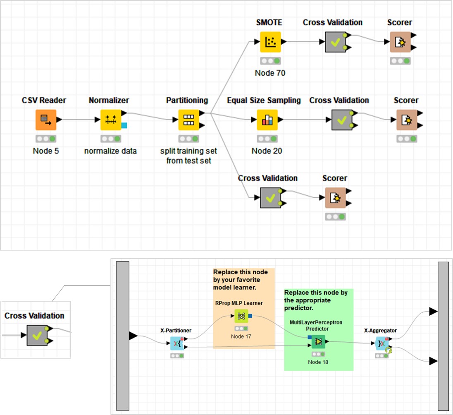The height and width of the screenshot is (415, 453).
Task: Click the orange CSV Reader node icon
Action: pyautogui.click(x=45, y=120)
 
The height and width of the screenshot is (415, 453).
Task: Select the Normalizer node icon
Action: pyautogui.click(x=111, y=120)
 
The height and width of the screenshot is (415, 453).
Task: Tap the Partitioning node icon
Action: pyautogui.click(x=188, y=120)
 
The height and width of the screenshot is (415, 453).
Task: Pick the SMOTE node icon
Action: pyautogui.click(x=270, y=42)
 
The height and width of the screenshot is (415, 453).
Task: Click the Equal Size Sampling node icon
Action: pyautogui.click(x=267, y=120)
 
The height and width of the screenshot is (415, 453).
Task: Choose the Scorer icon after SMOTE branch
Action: pyautogui.click(x=400, y=42)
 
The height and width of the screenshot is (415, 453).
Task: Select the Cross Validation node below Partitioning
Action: pyautogui.click(x=270, y=198)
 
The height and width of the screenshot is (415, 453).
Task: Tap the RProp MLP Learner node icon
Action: pyautogui.click(x=241, y=316)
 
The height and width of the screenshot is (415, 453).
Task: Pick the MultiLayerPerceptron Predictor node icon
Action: pyautogui.click(x=318, y=342)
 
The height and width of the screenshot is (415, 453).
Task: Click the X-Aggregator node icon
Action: pyautogui.click(x=381, y=343)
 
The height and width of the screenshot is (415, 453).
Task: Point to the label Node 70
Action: pyautogui.click(x=270, y=73)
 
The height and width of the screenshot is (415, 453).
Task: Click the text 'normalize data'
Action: pyautogui.click(x=110, y=151)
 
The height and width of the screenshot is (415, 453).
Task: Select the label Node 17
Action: pyautogui.click(x=241, y=336)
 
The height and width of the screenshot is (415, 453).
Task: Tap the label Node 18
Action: pyautogui.click(x=318, y=362)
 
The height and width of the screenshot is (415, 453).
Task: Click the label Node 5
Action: pyautogui.click(x=46, y=151)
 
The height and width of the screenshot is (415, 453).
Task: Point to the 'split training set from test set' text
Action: pyautogui.click(x=188, y=156)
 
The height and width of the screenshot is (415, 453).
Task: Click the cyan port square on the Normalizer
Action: pyautogui.click(x=124, y=125)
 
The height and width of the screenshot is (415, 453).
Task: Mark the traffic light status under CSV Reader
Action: pyautogui.click(x=46, y=139)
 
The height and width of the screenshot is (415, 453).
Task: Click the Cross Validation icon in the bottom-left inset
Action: pyautogui.click(x=37, y=335)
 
